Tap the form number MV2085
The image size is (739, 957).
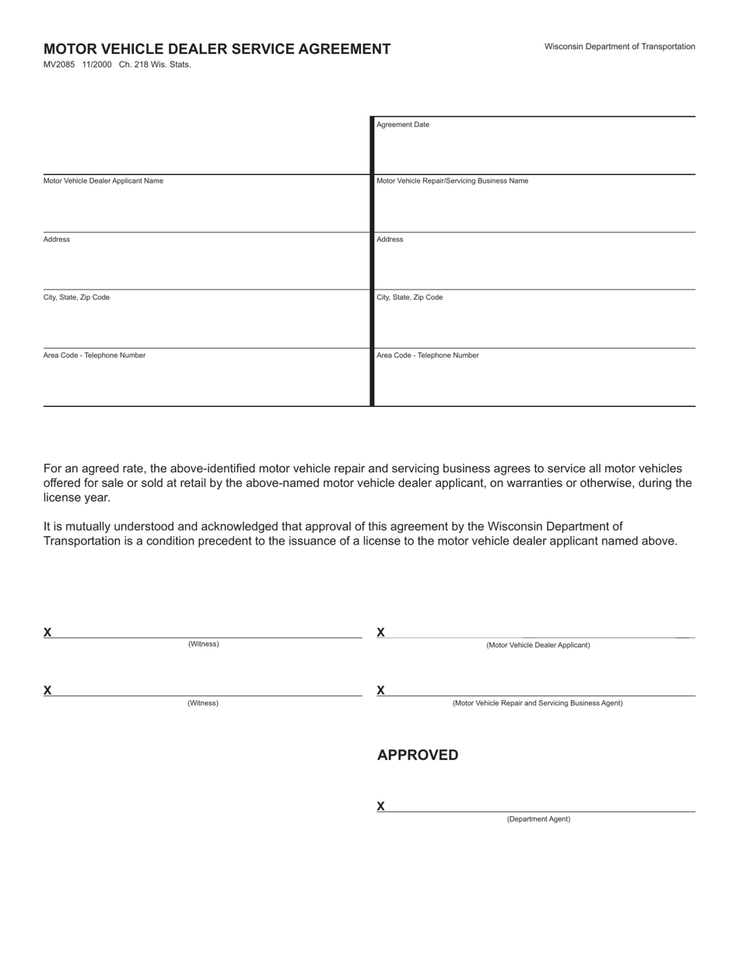pyautogui.click(x=59, y=65)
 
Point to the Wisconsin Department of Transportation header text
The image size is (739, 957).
pyautogui.click(x=619, y=47)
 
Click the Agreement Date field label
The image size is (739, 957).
pyautogui.click(x=402, y=124)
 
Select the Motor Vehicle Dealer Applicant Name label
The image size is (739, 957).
pyautogui.click(x=103, y=181)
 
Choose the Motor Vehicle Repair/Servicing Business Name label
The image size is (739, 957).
pyautogui.click(x=452, y=181)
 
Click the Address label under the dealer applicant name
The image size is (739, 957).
pyautogui.click(x=57, y=240)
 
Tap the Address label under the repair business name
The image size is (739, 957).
pyautogui.click(x=390, y=240)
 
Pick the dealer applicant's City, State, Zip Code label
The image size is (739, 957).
pyautogui.click(x=76, y=297)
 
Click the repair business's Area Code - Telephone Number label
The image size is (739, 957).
pyautogui.click(x=427, y=356)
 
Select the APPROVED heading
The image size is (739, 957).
pyautogui.click(x=418, y=755)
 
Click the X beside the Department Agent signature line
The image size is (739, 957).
pyautogui.click(x=381, y=806)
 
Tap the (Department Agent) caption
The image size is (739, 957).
pyautogui.click(x=538, y=819)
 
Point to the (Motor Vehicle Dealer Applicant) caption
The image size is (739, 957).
pyautogui.click(x=538, y=645)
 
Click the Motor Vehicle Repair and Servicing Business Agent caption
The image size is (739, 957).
pyautogui.click(x=538, y=703)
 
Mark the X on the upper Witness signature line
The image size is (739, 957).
pyautogui.click(x=47, y=632)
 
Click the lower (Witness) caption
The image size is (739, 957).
pyautogui.click(x=203, y=703)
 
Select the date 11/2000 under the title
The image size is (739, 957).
pyautogui.click(x=96, y=65)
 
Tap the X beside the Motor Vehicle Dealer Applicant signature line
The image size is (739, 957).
pyautogui.click(x=381, y=632)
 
